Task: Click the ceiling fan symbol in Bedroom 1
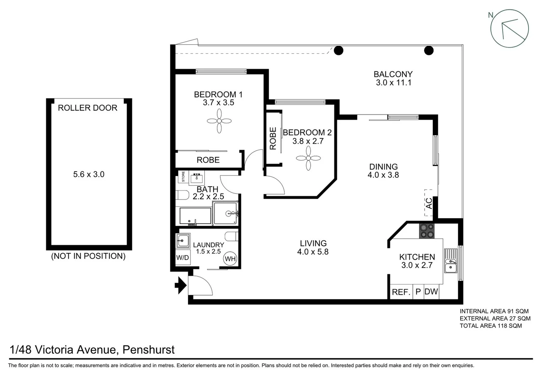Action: click(219, 121)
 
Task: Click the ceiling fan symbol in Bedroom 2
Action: click(308, 158)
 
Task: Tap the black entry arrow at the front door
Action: click(181, 285)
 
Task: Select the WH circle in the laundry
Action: click(230, 259)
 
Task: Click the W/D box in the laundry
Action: click(183, 257)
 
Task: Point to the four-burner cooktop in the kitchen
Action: click(426, 230)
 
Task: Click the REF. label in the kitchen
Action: click(401, 292)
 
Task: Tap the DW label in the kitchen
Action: click(431, 292)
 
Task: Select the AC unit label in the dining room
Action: click(429, 203)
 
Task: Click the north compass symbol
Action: click(509, 29)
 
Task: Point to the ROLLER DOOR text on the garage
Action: click(88, 108)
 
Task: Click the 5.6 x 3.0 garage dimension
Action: click(89, 174)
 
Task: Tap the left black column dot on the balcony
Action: click(339, 50)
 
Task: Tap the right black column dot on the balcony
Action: click(429, 50)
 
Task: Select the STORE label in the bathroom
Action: click(184, 177)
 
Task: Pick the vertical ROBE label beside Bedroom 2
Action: click(273, 138)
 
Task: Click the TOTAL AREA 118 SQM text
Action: click(491, 326)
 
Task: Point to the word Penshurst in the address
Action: click(148, 350)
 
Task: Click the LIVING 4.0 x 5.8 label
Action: click(313, 247)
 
